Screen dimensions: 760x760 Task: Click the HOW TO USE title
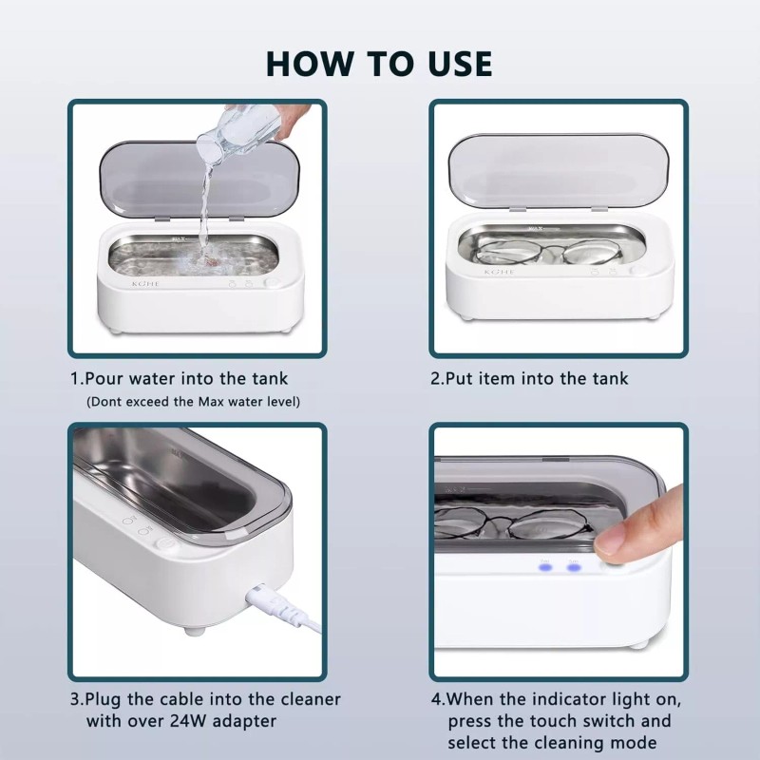pos(379,63)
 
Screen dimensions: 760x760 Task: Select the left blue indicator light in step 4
pos(545,567)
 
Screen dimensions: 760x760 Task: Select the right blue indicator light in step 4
pos(574,567)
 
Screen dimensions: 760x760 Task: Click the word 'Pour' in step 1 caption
pos(107,378)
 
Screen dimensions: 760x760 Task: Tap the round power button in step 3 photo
pos(163,547)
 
